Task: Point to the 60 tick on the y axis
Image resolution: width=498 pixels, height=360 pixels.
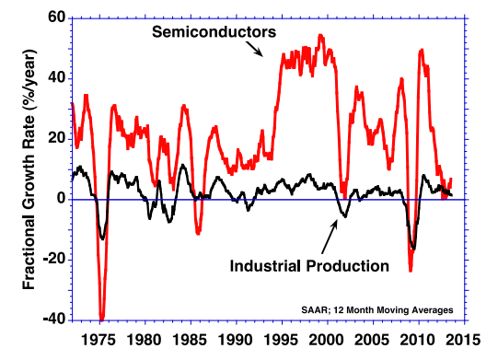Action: point(55,17)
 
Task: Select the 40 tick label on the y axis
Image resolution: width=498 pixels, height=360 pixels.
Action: point(55,77)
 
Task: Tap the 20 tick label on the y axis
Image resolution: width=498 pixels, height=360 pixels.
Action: point(55,138)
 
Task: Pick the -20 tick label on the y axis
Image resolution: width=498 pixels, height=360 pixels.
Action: point(52,259)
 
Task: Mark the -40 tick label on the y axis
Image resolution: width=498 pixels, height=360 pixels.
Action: point(52,319)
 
